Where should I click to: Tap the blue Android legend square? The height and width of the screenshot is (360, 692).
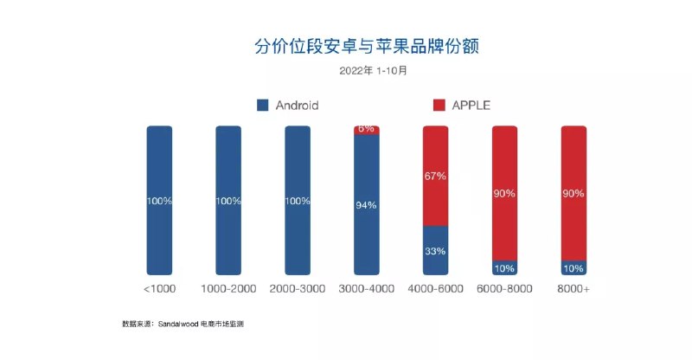(263, 106)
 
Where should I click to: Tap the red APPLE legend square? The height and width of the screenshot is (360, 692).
(439, 106)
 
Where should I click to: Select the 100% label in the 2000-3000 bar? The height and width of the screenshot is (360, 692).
(297, 201)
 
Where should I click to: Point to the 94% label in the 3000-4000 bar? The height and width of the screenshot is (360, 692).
(366, 206)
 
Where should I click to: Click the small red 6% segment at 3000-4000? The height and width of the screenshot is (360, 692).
(366, 130)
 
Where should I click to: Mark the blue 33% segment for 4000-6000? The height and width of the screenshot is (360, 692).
(435, 251)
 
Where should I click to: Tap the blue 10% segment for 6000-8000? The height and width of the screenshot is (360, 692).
(504, 268)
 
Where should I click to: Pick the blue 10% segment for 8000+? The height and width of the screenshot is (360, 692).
(573, 268)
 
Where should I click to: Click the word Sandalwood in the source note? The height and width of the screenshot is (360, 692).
(177, 325)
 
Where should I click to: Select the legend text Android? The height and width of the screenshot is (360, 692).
(297, 106)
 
